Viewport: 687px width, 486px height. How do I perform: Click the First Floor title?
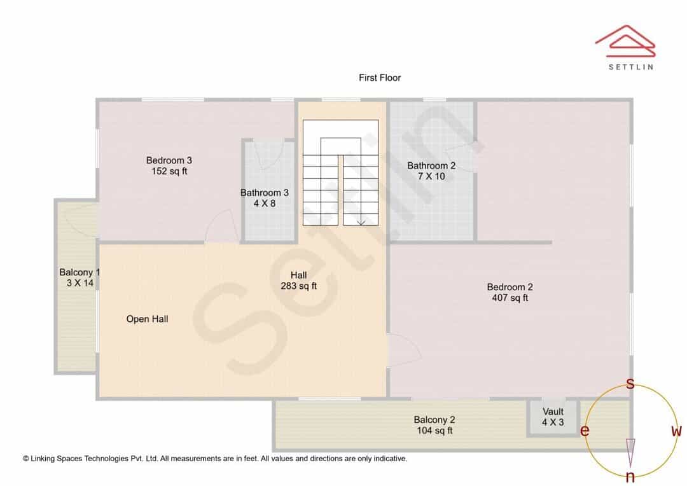pyautogui.click(x=380, y=78)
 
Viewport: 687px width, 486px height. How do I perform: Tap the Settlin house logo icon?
pyautogui.click(x=625, y=41)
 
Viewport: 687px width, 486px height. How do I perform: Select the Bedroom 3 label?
pyautogui.click(x=169, y=160)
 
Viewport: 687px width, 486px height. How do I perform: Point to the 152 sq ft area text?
pyautogui.click(x=169, y=171)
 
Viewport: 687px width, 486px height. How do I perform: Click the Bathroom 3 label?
pyautogui.click(x=264, y=193)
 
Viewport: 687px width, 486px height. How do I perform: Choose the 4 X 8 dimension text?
pyautogui.click(x=264, y=204)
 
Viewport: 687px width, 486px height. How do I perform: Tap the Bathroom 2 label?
pyautogui.click(x=431, y=165)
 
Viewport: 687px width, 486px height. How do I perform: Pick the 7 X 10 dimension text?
pyautogui.click(x=431, y=176)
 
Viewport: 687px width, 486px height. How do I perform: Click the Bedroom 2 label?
pyautogui.click(x=510, y=287)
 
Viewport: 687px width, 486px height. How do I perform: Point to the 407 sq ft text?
pyautogui.click(x=510, y=298)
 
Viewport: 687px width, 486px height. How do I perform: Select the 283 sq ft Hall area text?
pyautogui.click(x=298, y=286)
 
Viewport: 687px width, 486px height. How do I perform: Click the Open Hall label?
pyautogui.click(x=147, y=319)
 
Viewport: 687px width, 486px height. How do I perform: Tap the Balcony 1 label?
pyautogui.click(x=80, y=272)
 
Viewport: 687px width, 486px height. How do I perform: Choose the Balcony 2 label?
pyautogui.click(x=434, y=420)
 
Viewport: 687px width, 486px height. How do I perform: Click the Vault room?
pyautogui.click(x=553, y=417)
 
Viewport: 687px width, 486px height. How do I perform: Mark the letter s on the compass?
pyautogui.click(x=630, y=384)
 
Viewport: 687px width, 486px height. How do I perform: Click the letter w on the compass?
pyautogui.click(x=676, y=431)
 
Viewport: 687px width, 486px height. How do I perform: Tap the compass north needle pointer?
pyautogui.click(x=630, y=453)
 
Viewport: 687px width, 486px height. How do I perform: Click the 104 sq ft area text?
pyautogui.click(x=434, y=431)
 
